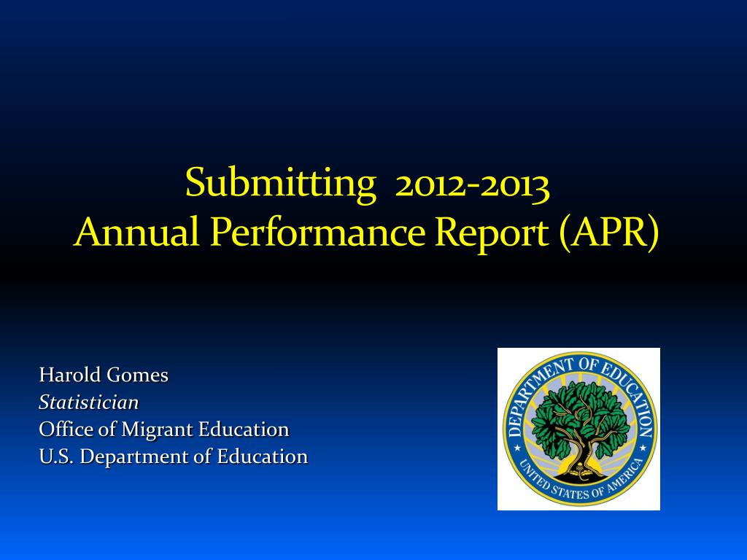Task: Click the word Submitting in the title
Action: point(281,183)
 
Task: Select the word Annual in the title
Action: point(136,231)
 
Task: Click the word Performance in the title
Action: point(318,231)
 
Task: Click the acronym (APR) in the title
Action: point(610,233)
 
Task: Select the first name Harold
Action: point(69,375)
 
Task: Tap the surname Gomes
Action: point(137,375)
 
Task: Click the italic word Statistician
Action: point(88,402)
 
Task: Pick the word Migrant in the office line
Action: point(157,430)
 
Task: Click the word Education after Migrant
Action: point(244,429)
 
